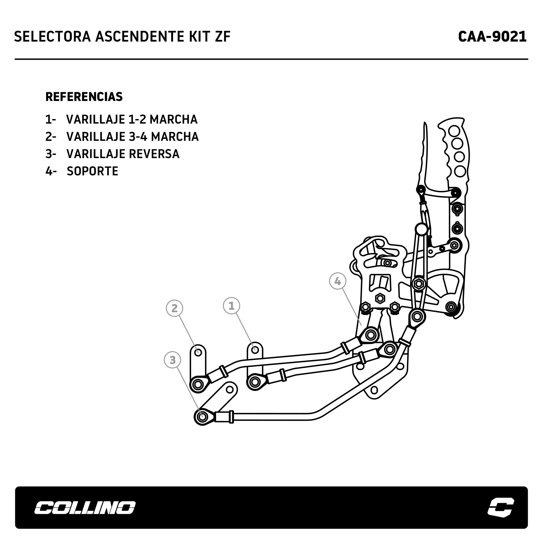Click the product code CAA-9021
(x=492, y=37)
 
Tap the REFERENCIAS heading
(x=84, y=97)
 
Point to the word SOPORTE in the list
(x=92, y=171)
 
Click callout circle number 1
(x=231, y=306)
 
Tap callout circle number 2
(x=174, y=308)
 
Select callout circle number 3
(x=172, y=360)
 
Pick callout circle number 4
(x=337, y=281)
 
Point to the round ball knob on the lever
(x=421, y=229)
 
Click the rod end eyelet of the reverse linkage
(x=202, y=417)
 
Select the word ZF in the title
(x=223, y=37)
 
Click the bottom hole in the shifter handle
(x=460, y=171)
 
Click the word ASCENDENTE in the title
(x=137, y=37)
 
